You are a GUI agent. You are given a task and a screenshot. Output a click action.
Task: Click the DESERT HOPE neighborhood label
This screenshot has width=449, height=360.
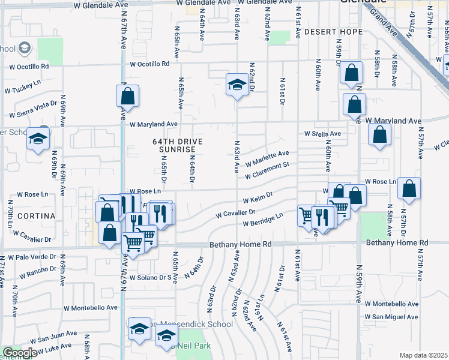coord(333,31)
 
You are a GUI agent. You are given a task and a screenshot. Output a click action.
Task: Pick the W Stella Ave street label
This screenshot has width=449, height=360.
coord(322,133)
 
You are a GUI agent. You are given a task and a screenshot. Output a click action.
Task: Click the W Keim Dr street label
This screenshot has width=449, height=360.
coord(258,197)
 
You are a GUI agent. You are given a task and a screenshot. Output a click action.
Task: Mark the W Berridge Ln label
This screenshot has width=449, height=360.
coord(263,220)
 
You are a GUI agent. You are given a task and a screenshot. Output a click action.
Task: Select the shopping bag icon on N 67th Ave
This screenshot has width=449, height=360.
coord(127,95)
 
